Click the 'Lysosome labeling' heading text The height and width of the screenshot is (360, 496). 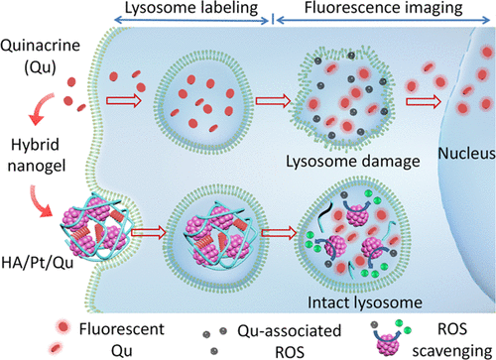pos(191,8)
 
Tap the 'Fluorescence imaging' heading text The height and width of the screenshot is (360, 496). pos(383,8)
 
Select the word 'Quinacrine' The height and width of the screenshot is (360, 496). pos(40,46)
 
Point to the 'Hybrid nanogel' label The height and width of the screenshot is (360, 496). pos(37,155)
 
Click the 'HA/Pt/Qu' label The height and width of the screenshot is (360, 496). pos(37,263)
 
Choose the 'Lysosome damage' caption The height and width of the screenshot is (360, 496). pos(353,162)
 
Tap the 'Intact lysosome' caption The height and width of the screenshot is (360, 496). pos(365,302)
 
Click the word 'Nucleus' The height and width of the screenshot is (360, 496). pos(466,153)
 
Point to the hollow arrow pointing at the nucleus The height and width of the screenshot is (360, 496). pos(424,102)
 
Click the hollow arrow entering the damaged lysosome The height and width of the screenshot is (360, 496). pos(273,100)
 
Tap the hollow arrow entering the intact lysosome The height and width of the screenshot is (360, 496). pos(280,233)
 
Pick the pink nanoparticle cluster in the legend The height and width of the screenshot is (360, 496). pos(388,345)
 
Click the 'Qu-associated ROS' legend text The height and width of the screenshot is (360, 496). pos(290,341)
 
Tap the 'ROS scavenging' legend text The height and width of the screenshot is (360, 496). pos(452,340)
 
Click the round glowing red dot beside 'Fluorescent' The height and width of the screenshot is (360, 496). pos(63,327)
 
